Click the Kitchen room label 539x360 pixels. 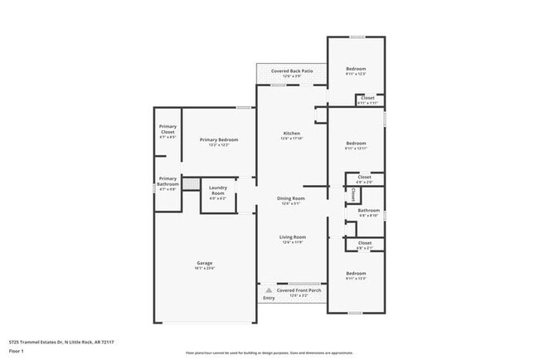click(291, 134)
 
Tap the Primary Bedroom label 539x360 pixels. click(219, 139)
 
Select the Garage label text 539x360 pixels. click(205, 264)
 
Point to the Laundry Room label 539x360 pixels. click(218, 190)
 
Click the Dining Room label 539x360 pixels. click(291, 198)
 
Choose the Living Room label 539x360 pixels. click(291, 239)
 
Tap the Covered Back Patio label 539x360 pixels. click(292, 71)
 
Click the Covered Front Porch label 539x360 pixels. click(298, 291)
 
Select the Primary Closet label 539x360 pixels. click(168, 129)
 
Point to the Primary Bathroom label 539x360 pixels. click(168, 180)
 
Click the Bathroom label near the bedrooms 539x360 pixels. click(368, 211)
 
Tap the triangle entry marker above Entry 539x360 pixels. click(268, 291)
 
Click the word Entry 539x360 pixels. click(268, 298)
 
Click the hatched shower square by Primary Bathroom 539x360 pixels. click(192, 183)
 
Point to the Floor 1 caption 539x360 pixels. click(17, 352)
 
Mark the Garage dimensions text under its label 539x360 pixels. click(205, 269)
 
